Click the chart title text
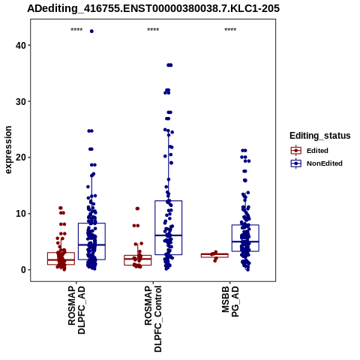[x=153, y=8]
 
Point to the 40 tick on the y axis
[x=20, y=45]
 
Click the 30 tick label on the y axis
[x=20, y=101]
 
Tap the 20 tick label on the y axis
[x=20, y=157]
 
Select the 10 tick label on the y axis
[x=20, y=214]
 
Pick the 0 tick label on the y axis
[x=23, y=270]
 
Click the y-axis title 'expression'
[x=8, y=150]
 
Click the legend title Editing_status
[x=320, y=136]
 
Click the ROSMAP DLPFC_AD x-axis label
[x=76, y=310]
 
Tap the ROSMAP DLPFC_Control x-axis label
[x=153, y=319]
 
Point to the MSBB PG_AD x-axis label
[x=230, y=301]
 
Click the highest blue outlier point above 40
[x=91, y=31]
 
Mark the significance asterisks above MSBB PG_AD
[x=230, y=30]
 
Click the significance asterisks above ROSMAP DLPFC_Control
[x=153, y=30]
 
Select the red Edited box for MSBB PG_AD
[x=214, y=254]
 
